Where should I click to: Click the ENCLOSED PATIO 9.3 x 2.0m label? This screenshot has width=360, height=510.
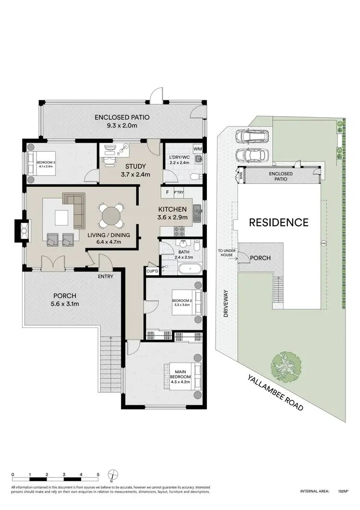point(122,121)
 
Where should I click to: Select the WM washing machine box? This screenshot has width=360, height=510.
point(197,149)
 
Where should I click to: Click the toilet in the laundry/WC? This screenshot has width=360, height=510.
point(194,176)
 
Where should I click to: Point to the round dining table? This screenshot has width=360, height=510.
point(111,215)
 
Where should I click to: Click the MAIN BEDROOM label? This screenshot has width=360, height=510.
point(180,374)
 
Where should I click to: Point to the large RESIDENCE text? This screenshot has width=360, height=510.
point(278,222)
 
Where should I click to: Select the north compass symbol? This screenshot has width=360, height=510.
point(111,475)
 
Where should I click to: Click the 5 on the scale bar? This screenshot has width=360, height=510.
point(98,474)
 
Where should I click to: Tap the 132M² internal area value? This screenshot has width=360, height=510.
point(342,491)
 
